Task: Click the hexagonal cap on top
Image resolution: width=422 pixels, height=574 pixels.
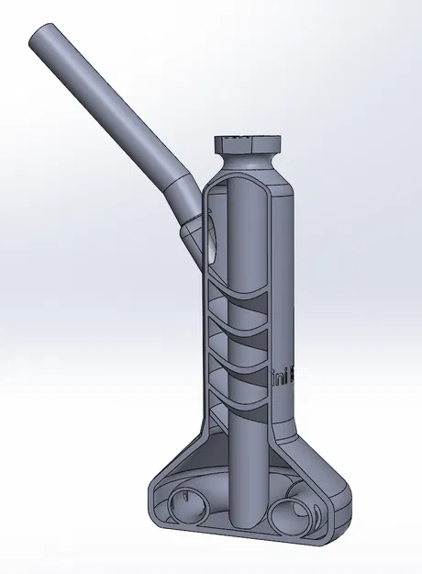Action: [249, 143]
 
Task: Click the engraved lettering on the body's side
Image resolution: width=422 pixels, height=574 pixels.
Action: [279, 372]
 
